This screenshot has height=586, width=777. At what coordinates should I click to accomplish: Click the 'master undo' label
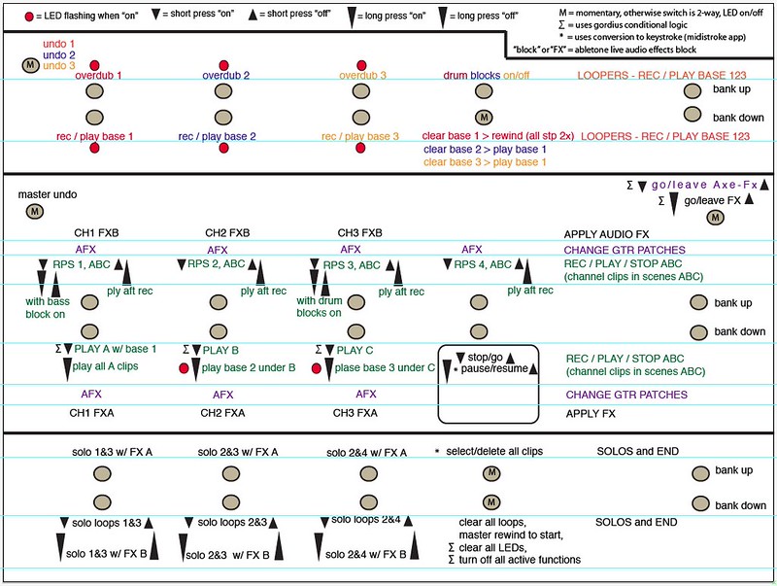tap(47, 194)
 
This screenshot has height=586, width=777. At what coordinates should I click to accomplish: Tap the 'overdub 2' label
tap(226, 75)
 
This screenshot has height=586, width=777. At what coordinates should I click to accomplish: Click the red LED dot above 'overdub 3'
tap(359, 63)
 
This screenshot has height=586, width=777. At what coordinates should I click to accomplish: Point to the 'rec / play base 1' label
tap(94, 136)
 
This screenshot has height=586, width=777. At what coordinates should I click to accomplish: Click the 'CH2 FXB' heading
tap(227, 233)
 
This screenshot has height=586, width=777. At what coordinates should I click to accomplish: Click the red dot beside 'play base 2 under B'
tap(185, 368)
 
